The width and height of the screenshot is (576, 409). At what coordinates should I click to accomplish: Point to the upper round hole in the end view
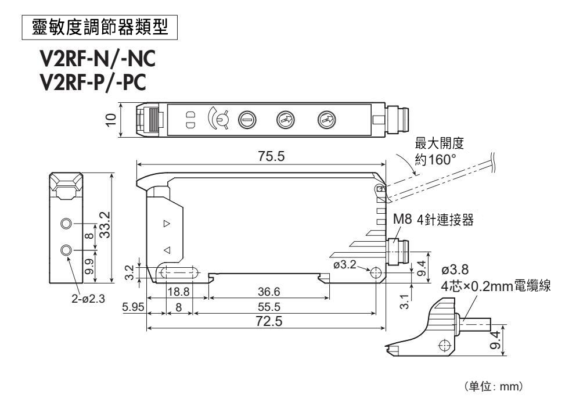click(x=67, y=224)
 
